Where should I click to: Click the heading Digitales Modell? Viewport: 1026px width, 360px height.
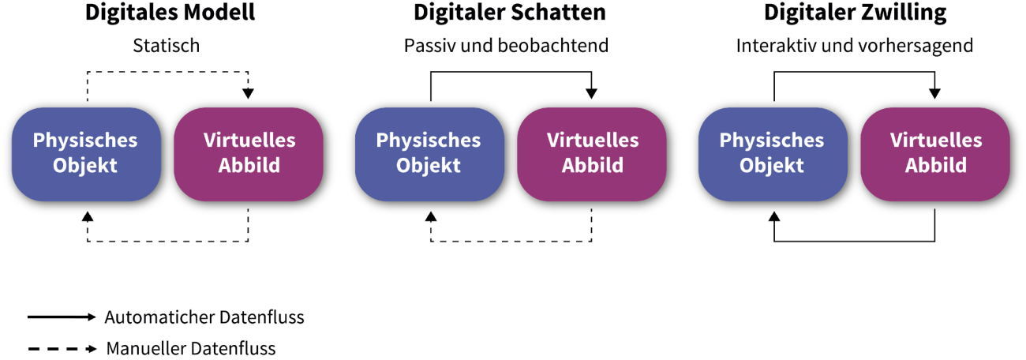click(170, 13)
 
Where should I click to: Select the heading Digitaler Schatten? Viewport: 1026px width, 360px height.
click(509, 12)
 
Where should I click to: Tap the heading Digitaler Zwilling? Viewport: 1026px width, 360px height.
click(855, 13)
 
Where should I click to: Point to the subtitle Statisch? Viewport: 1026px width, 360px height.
click(167, 46)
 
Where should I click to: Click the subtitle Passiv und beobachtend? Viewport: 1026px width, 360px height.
click(506, 46)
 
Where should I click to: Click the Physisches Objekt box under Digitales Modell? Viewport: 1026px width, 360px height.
click(86, 155)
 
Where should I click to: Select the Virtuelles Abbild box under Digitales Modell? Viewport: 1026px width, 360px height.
click(249, 155)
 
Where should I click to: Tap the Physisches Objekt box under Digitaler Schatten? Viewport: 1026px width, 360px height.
click(429, 155)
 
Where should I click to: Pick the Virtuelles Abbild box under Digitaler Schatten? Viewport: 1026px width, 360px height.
click(592, 155)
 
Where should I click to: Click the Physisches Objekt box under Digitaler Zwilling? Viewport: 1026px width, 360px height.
click(773, 155)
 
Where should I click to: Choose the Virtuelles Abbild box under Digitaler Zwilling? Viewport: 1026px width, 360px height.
click(935, 155)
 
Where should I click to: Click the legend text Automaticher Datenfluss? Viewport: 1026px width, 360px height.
click(204, 317)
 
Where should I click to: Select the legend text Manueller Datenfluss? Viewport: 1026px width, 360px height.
click(191, 348)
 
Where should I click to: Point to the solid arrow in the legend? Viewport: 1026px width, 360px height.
click(62, 317)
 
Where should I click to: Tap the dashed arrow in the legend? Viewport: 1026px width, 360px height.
click(62, 349)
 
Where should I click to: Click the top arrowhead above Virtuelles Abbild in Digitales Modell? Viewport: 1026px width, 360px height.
click(249, 93)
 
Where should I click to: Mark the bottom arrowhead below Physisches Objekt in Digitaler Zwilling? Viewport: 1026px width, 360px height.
click(774, 216)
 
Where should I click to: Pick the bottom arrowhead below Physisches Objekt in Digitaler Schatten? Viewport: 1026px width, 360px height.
click(431, 216)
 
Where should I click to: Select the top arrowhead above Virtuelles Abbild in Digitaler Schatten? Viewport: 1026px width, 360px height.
click(591, 93)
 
